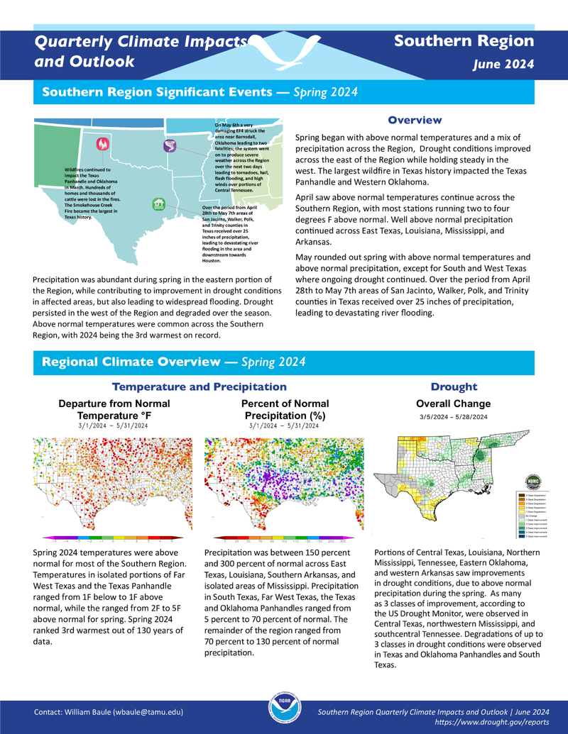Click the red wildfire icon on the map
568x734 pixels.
pos(102,144)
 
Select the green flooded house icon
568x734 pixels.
pos(159,204)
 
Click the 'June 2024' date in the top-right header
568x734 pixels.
pos(503,65)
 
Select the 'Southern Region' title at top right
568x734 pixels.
pos(464,41)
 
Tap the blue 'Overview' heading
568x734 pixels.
pos(415,120)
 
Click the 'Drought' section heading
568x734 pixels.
pos(454,387)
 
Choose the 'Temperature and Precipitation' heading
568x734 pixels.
pos(200,387)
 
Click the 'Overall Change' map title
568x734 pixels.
pos(453,404)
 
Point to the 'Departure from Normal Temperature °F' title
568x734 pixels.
pos(114,409)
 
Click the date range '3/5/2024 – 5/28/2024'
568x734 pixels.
pos(453,417)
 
